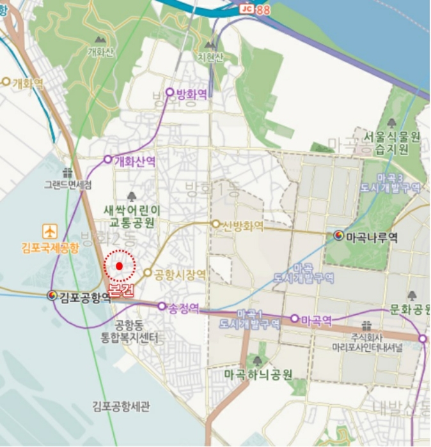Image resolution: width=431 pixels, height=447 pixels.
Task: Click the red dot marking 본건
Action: [119, 266]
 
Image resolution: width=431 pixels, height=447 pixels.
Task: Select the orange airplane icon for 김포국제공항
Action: [50, 231]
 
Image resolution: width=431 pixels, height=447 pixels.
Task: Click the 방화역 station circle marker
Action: [169, 92]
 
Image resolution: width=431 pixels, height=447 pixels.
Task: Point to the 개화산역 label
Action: [134, 161]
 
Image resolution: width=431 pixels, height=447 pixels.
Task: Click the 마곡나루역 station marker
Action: [338, 236]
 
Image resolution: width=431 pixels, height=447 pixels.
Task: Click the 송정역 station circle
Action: [162, 307]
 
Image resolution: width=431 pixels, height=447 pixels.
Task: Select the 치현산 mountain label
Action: [210, 57]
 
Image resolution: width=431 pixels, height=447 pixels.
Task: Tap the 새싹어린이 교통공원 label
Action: [132, 216]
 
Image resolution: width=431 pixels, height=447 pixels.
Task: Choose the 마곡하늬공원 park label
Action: [258, 374]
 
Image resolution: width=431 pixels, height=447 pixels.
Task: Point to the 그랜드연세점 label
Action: [68, 185]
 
